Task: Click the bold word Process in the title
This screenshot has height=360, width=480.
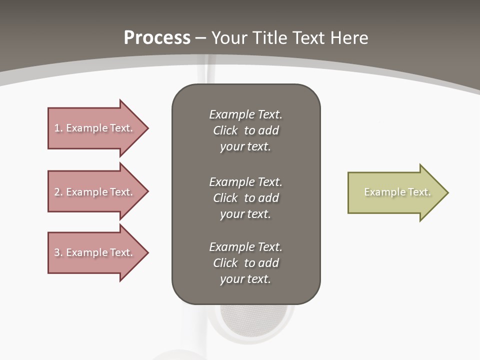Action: pos(157,38)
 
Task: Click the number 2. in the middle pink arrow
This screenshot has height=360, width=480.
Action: pos(58,192)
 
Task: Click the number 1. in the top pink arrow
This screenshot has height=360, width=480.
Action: pos(58,128)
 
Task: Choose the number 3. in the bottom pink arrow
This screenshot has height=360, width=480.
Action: pos(58,252)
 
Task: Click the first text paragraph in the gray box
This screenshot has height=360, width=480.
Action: pos(245,130)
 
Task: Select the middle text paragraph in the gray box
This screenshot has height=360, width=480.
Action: pos(245,198)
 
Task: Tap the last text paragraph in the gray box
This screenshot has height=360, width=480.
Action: pos(245,263)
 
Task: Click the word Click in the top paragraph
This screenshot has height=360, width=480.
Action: pos(225,130)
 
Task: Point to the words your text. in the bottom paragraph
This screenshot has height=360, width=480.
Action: pos(245,279)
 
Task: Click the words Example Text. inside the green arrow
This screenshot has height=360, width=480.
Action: pos(397,192)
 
